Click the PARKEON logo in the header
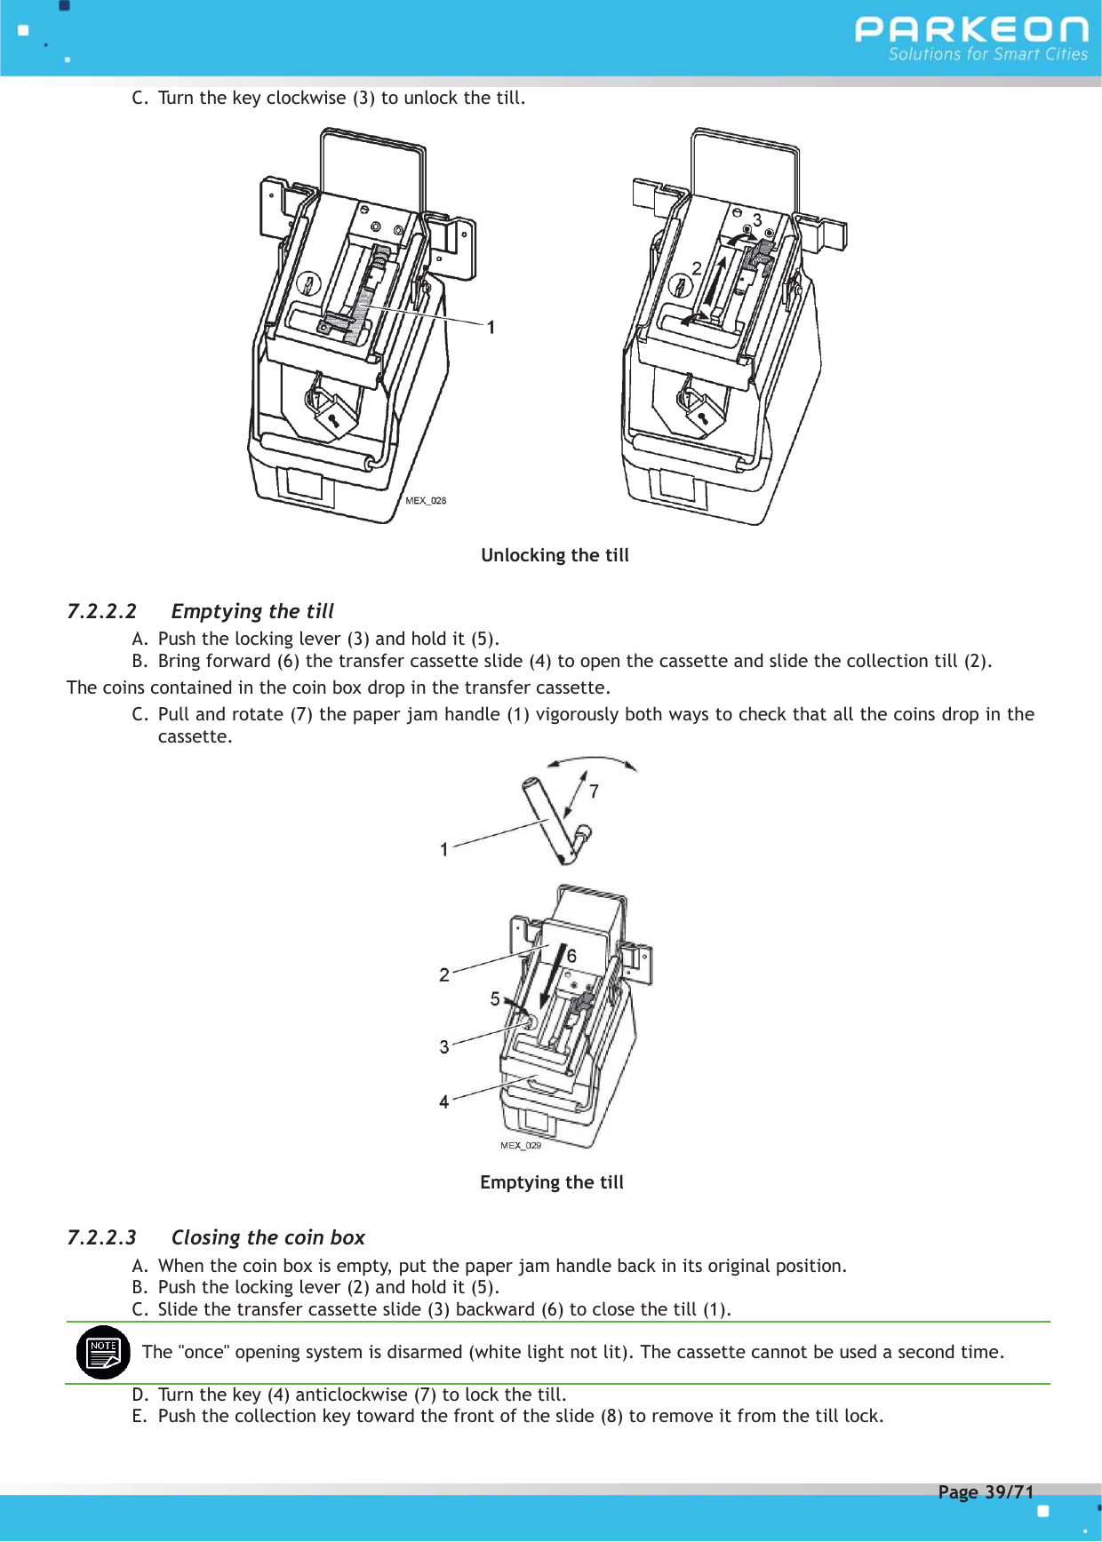tap(970, 29)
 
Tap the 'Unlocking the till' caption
tap(555, 555)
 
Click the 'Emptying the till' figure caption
tap(551, 1182)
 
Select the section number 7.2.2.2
tap(101, 611)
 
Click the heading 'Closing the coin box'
tap(268, 1237)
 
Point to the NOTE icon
tap(103, 1352)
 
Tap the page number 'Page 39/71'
tap(986, 1491)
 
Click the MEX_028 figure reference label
tap(426, 501)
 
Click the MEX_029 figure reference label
tap(520, 1146)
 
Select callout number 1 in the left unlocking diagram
tap(491, 328)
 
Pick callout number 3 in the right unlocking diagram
tap(757, 219)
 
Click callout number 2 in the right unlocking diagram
tap(697, 267)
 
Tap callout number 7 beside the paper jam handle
tap(594, 791)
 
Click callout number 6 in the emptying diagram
tap(571, 956)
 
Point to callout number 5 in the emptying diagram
tap(495, 998)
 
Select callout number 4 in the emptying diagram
tap(444, 1101)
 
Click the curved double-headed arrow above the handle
tap(593, 762)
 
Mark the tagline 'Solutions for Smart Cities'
tap(987, 54)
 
